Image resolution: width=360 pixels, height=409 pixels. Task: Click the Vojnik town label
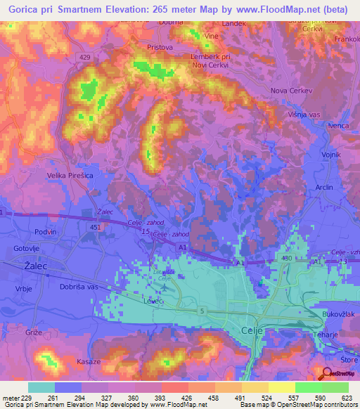tap(330, 154)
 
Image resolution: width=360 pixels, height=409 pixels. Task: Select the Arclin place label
tap(324, 188)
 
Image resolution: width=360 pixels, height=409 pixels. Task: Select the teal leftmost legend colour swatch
tap(41, 387)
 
